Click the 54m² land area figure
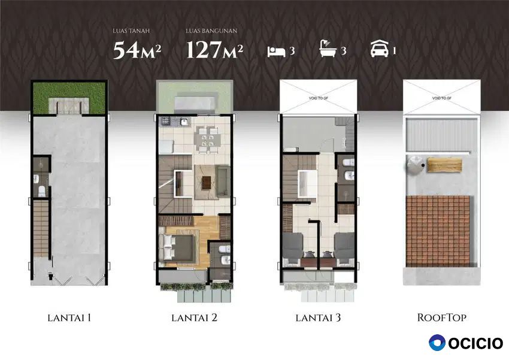[x=137, y=50]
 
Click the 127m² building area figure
[x=214, y=50]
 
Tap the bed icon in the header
[x=276, y=52]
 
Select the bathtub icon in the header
[x=329, y=49]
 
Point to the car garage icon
[x=380, y=49]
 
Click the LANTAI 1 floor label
[x=69, y=318]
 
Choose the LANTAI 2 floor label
[x=194, y=318]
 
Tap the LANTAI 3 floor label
[x=318, y=318]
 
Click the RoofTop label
[x=441, y=318]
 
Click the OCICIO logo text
[x=476, y=343]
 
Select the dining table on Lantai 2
[x=207, y=140]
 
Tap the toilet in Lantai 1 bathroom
[x=42, y=192]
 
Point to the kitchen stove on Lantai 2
[x=165, y=122]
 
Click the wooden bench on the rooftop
[x=444, y=165]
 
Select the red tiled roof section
[x=438, y=231]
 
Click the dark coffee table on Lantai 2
[x=207, y=183]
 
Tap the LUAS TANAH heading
[x=131, y=31]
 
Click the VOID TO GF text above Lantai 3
[x=318, y=98]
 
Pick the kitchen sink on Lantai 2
[x=184, y=122]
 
